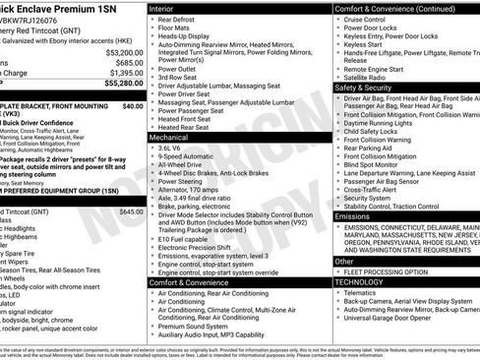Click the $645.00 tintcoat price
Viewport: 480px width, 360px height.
(x=130, y=211)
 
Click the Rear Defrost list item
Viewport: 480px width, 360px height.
(x=183, y=20)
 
